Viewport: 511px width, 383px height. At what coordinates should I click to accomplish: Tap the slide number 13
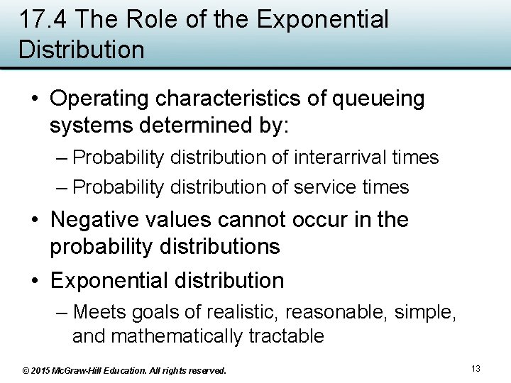[x=476, y=369]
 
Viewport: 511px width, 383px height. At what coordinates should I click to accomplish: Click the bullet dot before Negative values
[x=35, y=221]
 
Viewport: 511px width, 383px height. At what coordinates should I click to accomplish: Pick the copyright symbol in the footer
[x=26, y=370]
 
